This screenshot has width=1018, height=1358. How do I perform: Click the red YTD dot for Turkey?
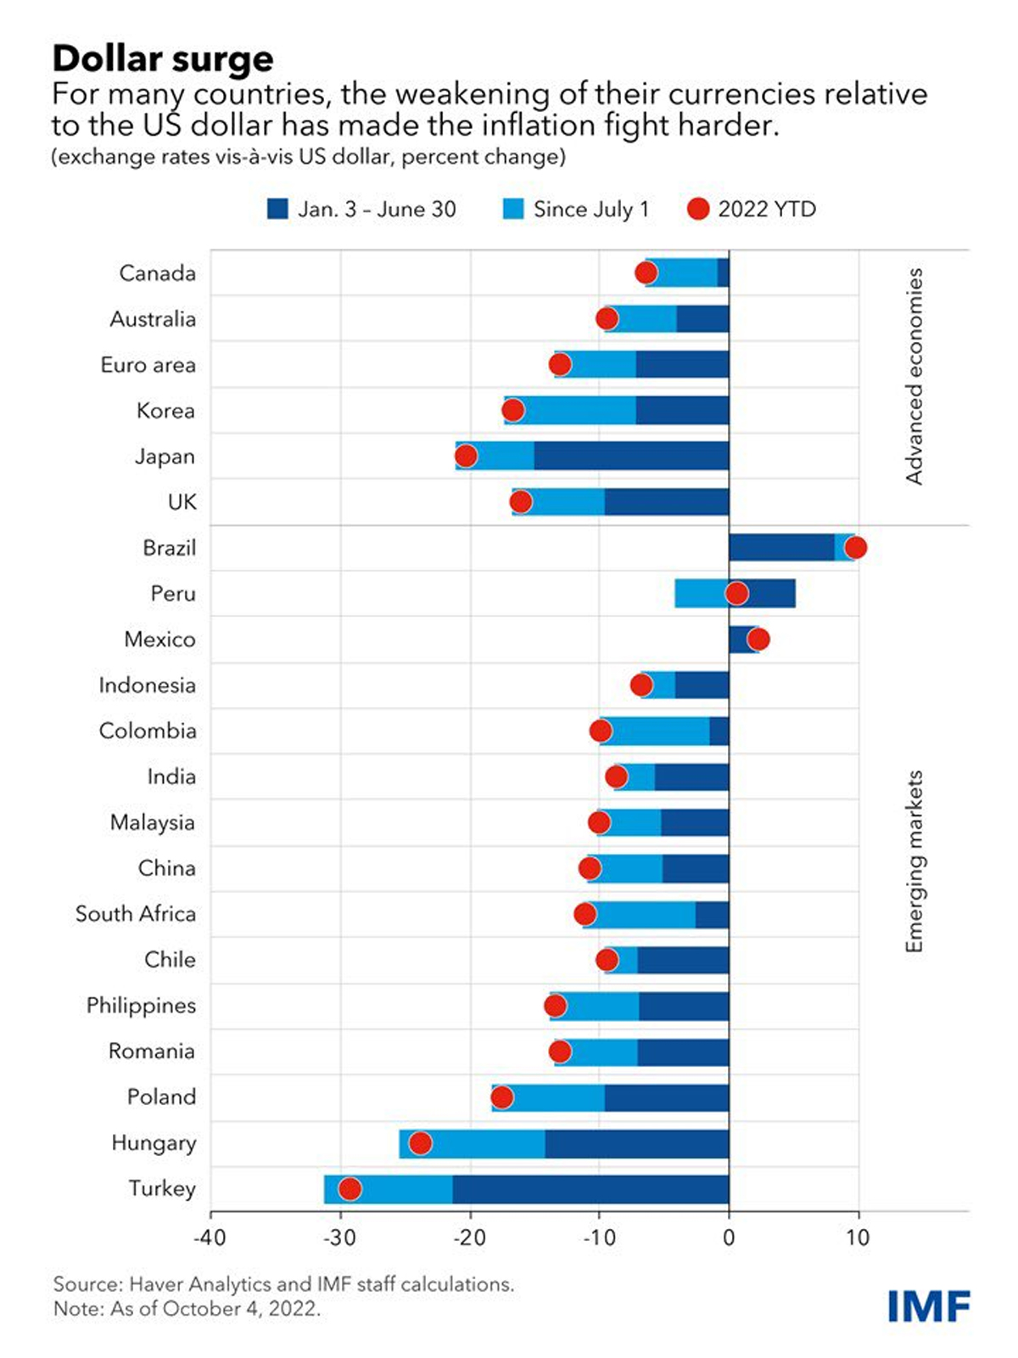[x=350, y=1189]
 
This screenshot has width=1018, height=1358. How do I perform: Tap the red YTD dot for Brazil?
[x=855, y=547]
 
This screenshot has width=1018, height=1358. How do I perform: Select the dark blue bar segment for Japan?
[x=631, y=456]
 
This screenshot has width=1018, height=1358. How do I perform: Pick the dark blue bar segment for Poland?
[x=667, y=1097]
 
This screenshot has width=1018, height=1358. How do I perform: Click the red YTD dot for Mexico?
[x=758, y=639]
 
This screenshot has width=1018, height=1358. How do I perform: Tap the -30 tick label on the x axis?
[x=339, y=1237]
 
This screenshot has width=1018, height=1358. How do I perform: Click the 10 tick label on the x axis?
[x=858, y=1237]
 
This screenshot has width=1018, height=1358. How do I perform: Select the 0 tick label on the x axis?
[x=729, y=1237]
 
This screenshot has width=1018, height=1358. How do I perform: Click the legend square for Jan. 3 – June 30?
[x=277, y=209]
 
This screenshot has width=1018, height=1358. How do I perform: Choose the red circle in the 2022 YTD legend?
[x=697, y=209]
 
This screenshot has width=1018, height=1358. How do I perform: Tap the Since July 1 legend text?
[x=590, y=209]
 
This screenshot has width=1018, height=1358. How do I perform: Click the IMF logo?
[x=929, y=1305]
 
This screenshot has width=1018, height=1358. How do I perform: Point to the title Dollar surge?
[x=163, y=59]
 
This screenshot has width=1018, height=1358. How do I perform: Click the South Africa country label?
[x=136, y=914]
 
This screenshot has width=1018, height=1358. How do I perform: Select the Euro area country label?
[x=148, y=365]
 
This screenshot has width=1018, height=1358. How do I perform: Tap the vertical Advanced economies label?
[x=914, y=376]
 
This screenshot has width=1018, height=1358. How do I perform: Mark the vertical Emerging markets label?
[x=914, y=861]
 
